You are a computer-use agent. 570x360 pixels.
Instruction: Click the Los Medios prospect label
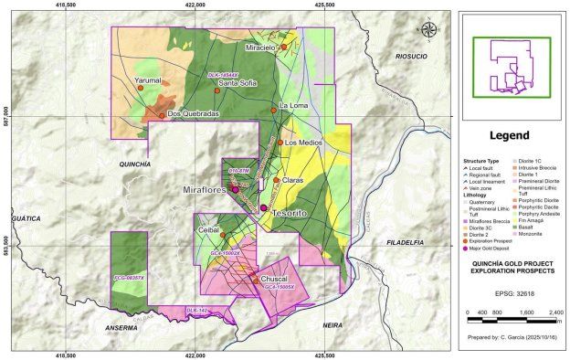[x=302, y=143]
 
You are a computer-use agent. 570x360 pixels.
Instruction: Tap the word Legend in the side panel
[x=509, y=135]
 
